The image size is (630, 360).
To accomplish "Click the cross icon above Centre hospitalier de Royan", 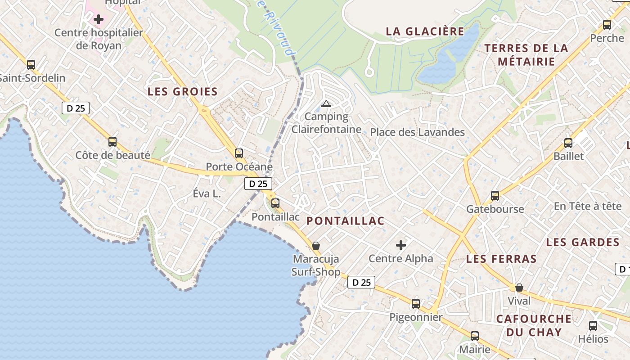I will click(99, 19).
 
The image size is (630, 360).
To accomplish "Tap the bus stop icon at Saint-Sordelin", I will click(31, 65).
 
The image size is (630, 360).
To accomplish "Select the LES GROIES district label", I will click(183, 92).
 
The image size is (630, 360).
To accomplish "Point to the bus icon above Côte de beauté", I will click(112, 142).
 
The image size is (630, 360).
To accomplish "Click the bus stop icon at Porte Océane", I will click(239, 153).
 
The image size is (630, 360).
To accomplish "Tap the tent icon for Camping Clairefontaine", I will click(326, 104).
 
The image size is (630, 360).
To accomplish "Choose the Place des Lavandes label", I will click(417, 132).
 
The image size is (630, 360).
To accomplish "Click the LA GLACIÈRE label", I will click(425, 31).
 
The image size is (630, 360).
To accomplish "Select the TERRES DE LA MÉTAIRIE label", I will click(526, 54).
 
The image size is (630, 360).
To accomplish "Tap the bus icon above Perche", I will click(607, 25).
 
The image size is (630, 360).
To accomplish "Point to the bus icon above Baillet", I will click(568, 143).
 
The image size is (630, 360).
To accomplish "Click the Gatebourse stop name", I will click(495, 209).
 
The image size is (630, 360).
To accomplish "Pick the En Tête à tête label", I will click(587, 206).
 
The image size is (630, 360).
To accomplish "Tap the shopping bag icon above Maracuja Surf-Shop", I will click(316, 246).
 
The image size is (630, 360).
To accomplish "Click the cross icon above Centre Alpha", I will click(401, 245).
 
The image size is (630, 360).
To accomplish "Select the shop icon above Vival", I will click(519, 287).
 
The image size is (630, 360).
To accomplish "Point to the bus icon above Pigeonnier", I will click(416, 304).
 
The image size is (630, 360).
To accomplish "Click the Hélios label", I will click(593, 339).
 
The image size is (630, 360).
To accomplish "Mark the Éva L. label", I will click(207, 194).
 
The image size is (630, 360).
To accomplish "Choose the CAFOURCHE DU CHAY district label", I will click(534, 325).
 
